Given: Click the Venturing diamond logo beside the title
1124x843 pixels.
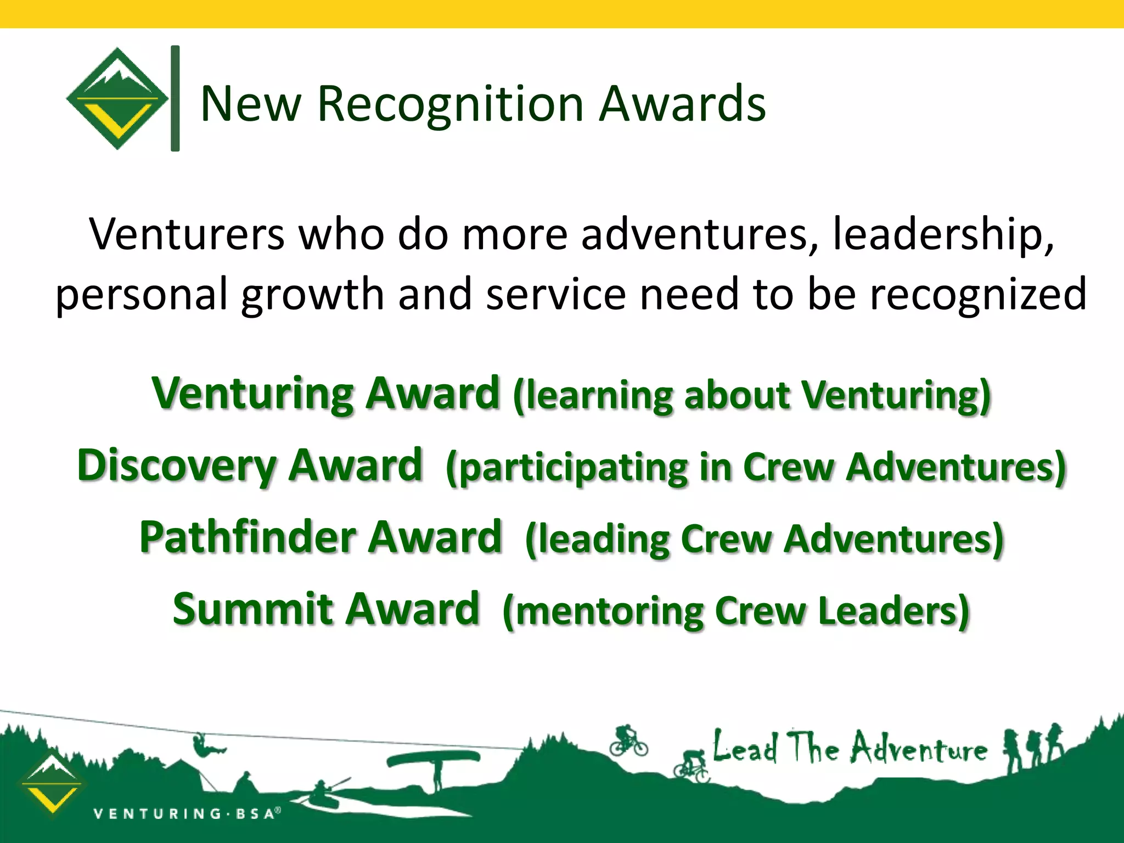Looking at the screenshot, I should pyautogui.click(x=117, y=99).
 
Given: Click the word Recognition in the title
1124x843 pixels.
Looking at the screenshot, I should pyautogui.click(x=450, y=104).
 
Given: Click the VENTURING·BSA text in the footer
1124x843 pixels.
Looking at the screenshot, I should pyautogui.click(x=187, y=813).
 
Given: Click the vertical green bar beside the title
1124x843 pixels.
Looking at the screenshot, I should pyautogui.click(x=175, y=99).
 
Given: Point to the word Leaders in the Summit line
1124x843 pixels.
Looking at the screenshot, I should pyautogui.click(x=892, y=611).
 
